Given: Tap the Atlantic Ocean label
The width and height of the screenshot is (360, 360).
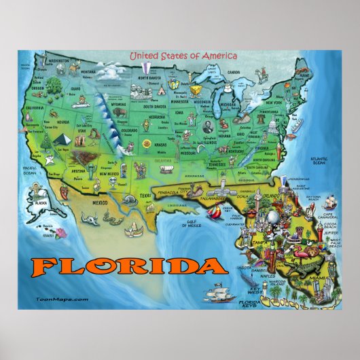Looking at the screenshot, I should pos(318,161).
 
